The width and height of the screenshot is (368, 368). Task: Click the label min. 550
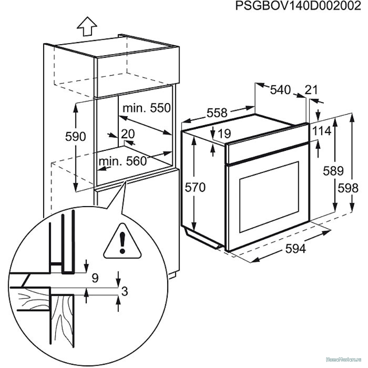(x=147, y=108)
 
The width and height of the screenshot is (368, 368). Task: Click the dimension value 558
(x=216, y=113)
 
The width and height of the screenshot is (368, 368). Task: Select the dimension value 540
(x=280, y=90)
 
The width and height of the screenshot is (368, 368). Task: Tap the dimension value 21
(x=312, y=90)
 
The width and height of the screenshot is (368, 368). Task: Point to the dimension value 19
(x=224, y=134)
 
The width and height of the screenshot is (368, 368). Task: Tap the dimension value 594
(x=294, y=249)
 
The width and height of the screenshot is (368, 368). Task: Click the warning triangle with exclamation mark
(x=122, y=244)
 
